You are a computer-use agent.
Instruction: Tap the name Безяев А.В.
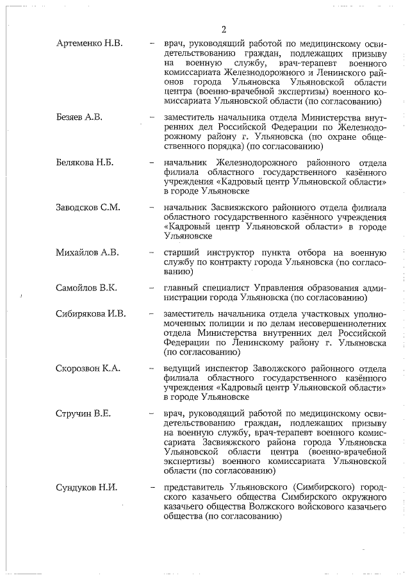79,118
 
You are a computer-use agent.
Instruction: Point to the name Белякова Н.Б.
85,163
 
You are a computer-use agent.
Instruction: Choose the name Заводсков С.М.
88,208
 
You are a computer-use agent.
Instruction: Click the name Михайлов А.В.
87,253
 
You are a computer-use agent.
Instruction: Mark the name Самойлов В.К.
86,288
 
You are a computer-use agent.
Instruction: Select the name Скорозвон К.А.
88,369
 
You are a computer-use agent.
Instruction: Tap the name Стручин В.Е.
83,413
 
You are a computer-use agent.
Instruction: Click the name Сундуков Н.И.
86,487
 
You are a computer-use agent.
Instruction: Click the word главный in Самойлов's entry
183,288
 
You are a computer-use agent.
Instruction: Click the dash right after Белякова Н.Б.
152,163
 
